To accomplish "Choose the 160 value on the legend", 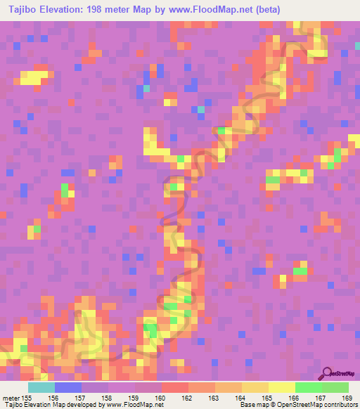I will coord(161,398).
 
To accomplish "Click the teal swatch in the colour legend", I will coord(41,387).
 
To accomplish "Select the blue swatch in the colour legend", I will coord(67,387).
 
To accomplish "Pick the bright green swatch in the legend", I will coord(308,387).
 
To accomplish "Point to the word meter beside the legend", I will coord(9,398).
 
